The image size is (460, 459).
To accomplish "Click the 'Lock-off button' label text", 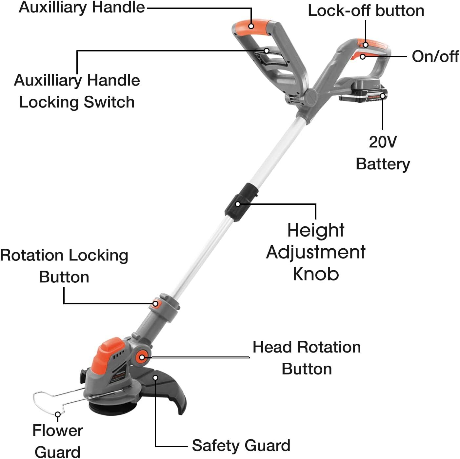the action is tap(366, 11).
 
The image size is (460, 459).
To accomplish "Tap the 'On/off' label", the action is tap(435, 57).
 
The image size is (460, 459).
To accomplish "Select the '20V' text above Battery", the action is tap(383, 142).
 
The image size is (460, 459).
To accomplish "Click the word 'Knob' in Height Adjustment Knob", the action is tap(316, 274).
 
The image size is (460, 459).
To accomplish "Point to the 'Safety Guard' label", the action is tap(241, 445).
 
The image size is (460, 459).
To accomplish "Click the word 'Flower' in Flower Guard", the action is tap(58, 430).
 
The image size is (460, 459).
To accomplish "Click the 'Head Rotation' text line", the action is tap(307, 347).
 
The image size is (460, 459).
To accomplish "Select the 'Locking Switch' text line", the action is tap(77, 102).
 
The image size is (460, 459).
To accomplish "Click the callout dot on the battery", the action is tap(383, 96).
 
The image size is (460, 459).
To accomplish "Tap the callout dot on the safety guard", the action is tap(155, 378).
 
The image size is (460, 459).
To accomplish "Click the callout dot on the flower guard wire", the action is tap(57, 414).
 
